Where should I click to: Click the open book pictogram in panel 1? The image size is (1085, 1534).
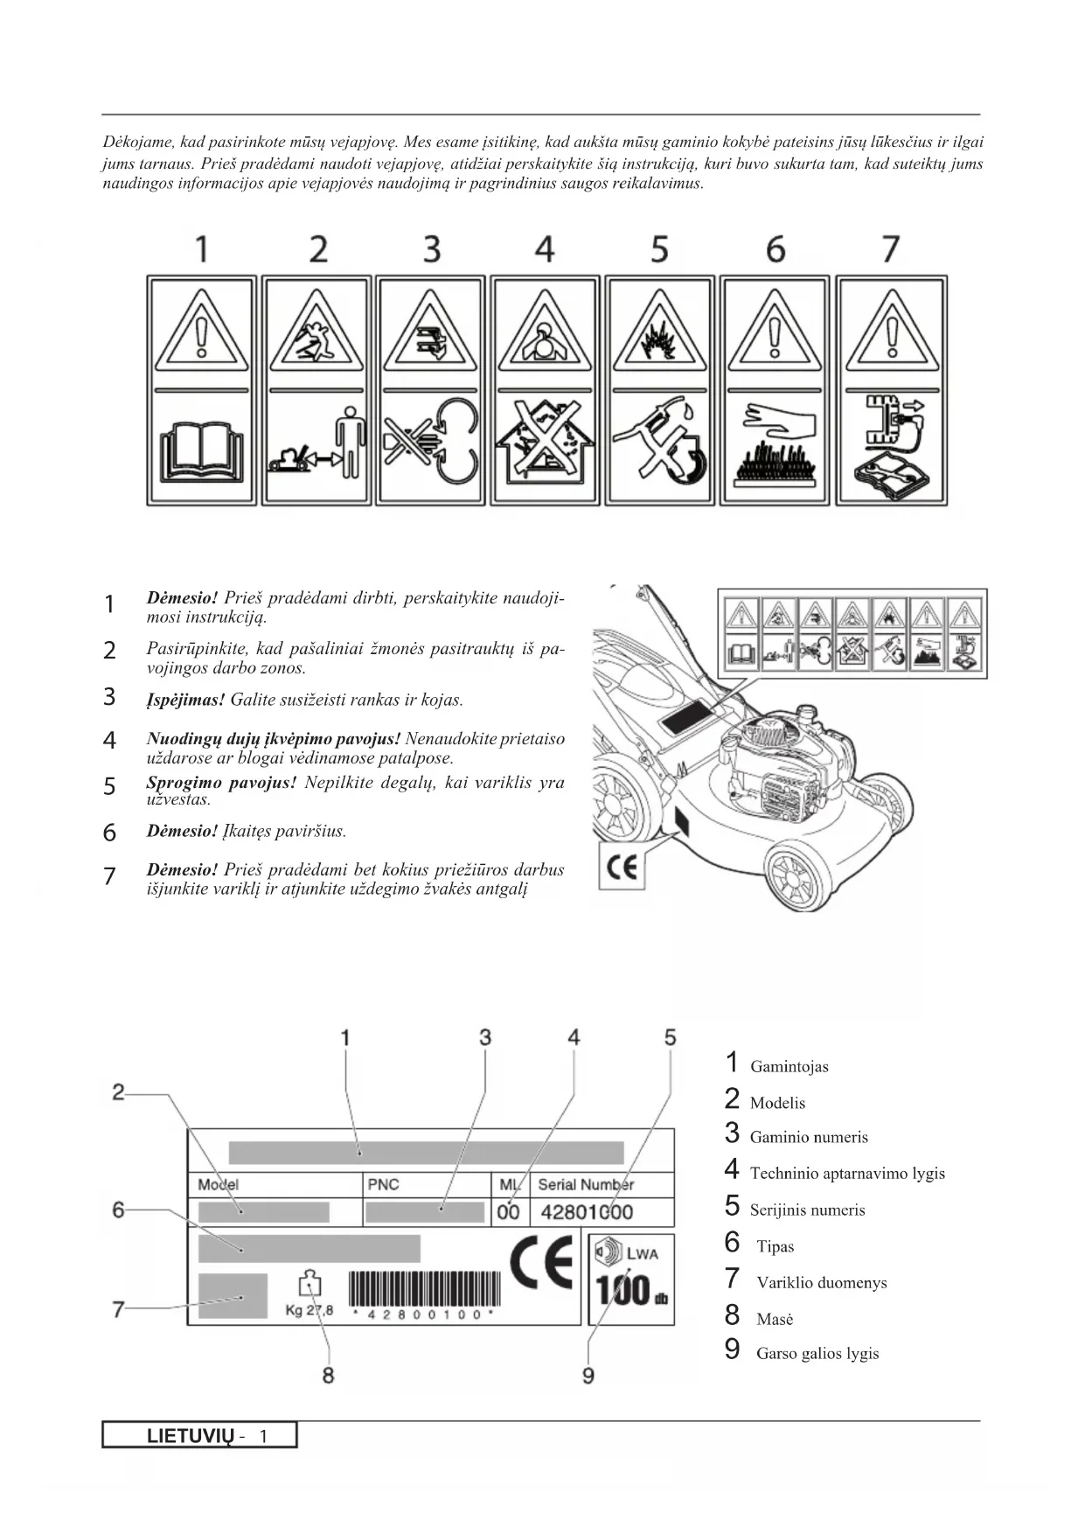[x=202, y=450]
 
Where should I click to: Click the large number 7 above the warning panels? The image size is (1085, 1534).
[x=890, y=249]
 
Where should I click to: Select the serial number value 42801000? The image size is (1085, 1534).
[x=587, y=1212]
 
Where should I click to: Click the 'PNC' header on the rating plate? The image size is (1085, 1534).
[x=383, y=1185]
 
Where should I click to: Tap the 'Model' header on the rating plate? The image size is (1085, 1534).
[x=218, y=1185]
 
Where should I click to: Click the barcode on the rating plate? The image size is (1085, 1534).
[x=425, y=1289]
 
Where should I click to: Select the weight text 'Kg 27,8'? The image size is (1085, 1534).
[x=310, y=1310]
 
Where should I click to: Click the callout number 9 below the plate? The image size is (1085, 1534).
[x=588, y=1376]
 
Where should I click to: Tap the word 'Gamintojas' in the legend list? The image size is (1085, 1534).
[x=789, y=1067]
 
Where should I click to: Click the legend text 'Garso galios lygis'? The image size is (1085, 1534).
[x=817, y=1354]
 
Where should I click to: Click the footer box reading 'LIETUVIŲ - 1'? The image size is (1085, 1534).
[x=199, y=1435]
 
